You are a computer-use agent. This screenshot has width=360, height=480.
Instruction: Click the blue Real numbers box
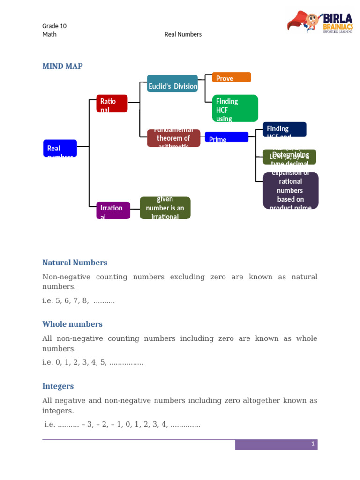click(x=60, y=148)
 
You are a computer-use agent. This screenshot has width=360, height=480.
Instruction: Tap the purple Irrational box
click(x=113, y=210)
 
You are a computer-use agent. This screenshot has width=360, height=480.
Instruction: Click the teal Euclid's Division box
click(x=172, y=83)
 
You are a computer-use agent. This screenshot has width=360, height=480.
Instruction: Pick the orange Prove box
click(x=231, y=77)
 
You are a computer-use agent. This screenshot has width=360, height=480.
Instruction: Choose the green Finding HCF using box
click(x=235, y=108)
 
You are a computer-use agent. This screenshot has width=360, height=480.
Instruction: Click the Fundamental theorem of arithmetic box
click(x=173, y=138)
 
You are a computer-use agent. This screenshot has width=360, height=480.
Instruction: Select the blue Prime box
click(x=226, y=137)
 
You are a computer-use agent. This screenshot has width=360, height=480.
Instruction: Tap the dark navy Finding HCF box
click(x=285, y=129)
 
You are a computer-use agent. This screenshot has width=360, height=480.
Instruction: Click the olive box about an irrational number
click(x=165, y=208)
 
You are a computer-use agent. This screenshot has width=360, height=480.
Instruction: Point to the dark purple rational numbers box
click(x=291, y=190)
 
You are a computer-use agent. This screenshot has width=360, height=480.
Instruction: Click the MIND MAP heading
click(x=62, y=66)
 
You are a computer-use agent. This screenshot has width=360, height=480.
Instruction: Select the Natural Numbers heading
click(x=75, y=262)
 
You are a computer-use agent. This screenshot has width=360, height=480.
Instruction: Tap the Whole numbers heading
click(x=72, y=324)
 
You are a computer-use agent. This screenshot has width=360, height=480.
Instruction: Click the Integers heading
click(x=58, y=386)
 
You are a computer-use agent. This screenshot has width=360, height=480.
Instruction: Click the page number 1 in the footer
click(x=313, y=444)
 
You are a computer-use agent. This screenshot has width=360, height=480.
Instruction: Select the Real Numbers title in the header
click(x=183, y=34)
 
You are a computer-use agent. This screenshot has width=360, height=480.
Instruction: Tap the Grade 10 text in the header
click(x=54, y=26)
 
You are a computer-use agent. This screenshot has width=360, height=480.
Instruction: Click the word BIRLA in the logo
click(x=337, y=20)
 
